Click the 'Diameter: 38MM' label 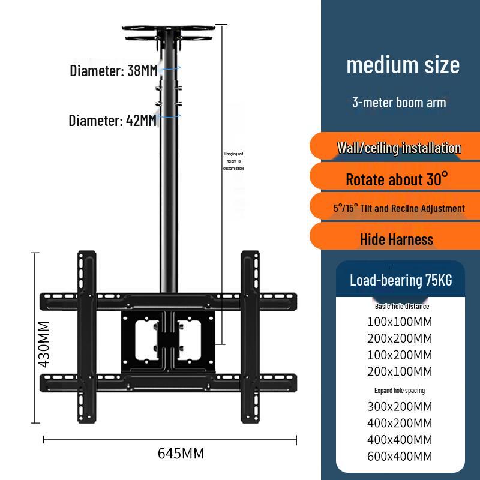pos(113,71)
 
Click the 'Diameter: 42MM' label pos(113,121)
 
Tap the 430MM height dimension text pos(44,344)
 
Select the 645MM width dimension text pos(181,454)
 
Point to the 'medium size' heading pos(403,65)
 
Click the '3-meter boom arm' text pos(399,102)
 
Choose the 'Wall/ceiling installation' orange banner pos(395,146)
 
